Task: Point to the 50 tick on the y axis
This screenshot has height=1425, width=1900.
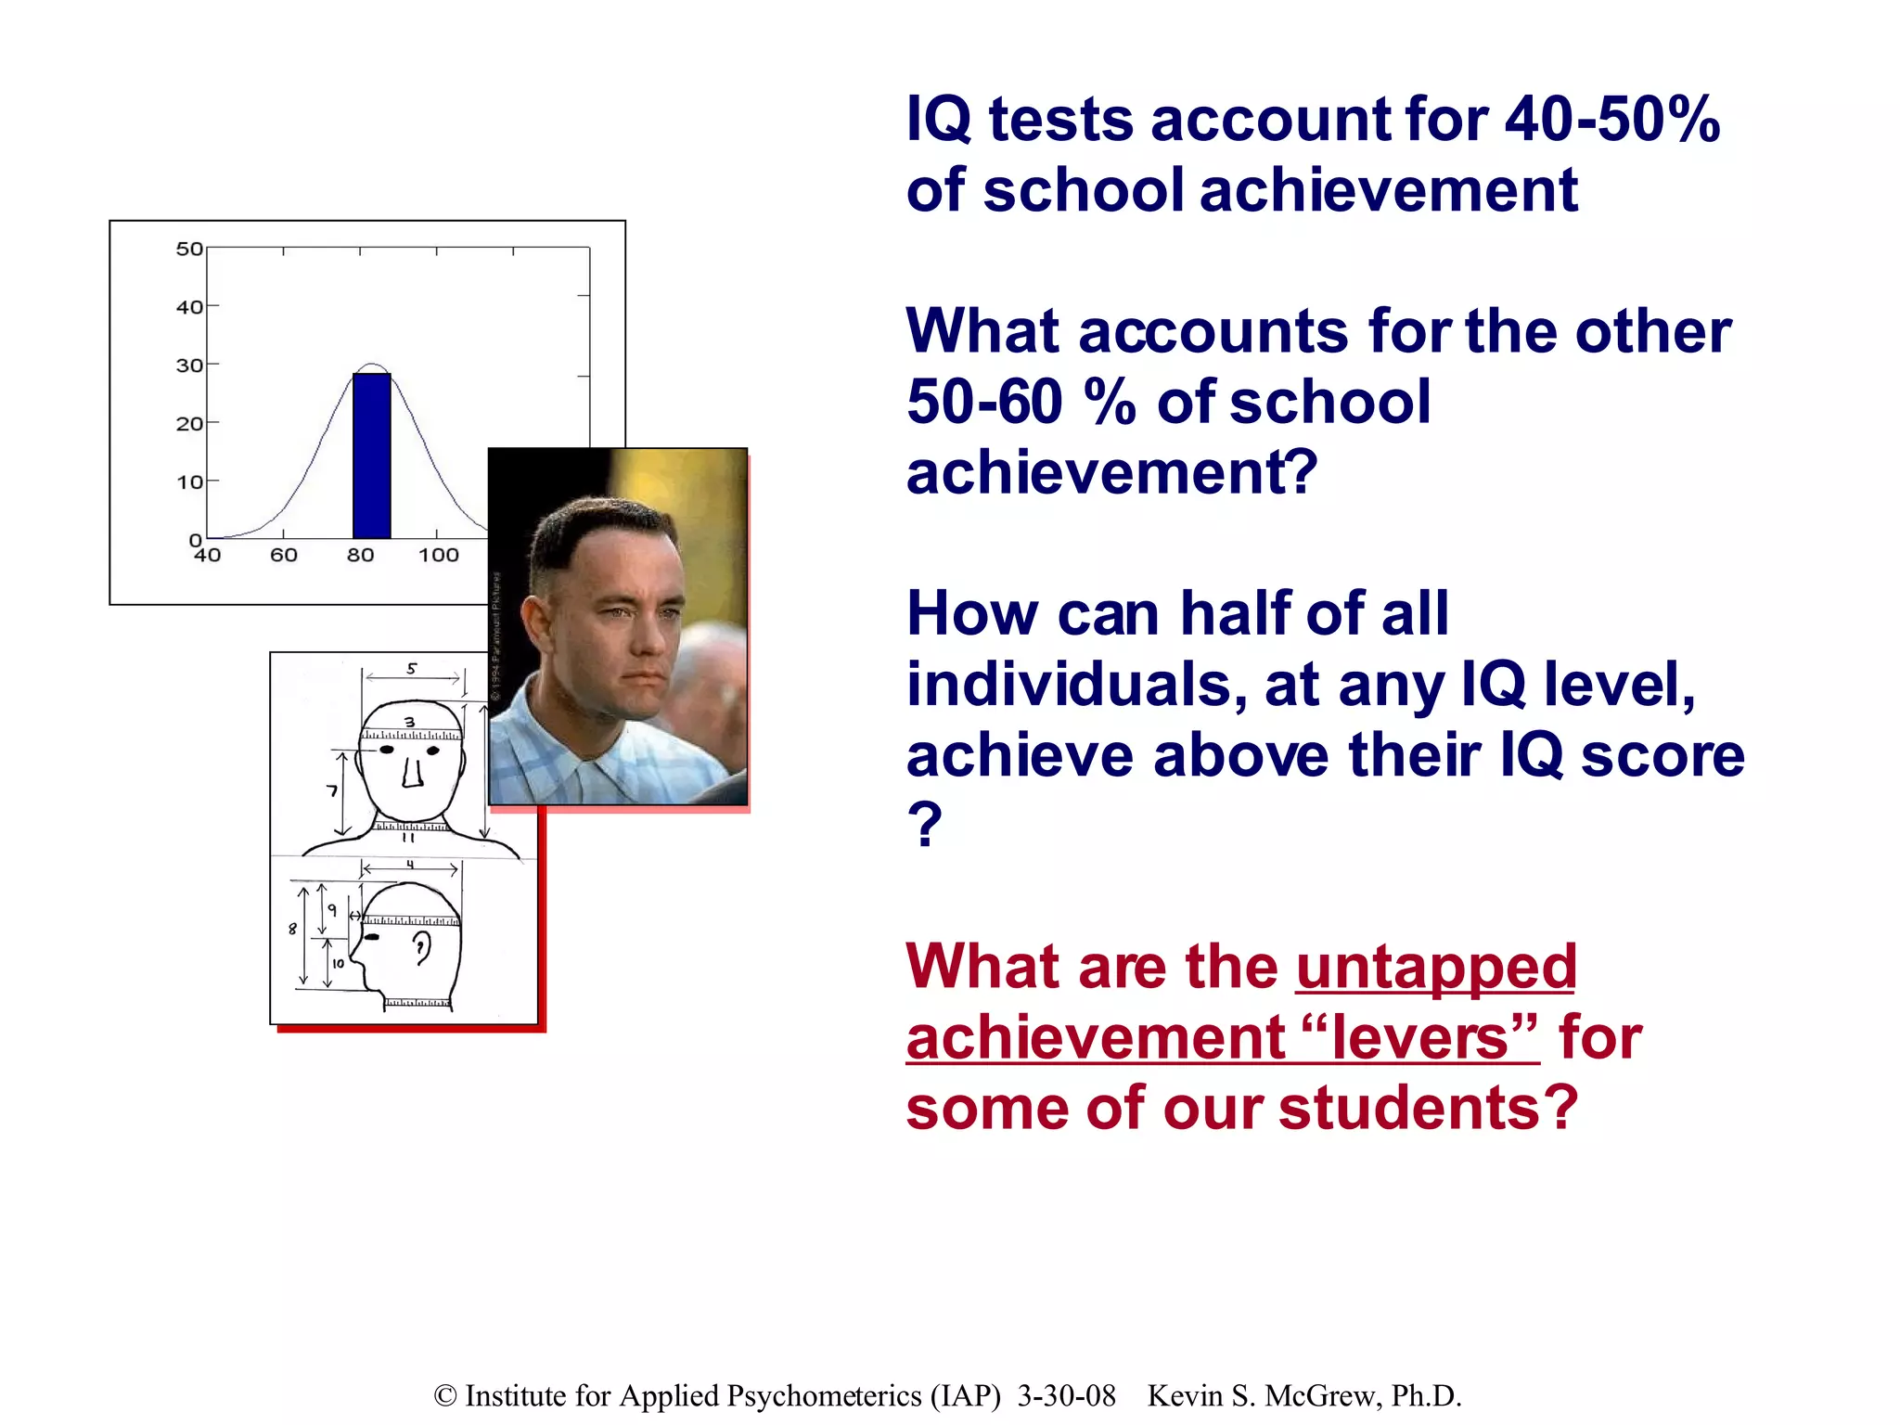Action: pos(189,249)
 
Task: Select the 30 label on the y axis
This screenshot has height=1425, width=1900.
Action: pos(189,366)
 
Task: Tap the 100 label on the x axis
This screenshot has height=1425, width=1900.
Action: pos(438,556)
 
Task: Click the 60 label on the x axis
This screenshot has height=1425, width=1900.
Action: pos(284,556)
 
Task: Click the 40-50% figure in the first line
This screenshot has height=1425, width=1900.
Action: pos(1612,121)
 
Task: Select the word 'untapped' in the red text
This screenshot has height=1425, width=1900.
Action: pos(1435,967)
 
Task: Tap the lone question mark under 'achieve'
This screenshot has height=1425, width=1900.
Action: pos(924,824)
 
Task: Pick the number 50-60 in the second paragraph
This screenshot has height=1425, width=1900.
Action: pos(983,403)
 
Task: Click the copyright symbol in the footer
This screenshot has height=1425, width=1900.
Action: pos(445,1396)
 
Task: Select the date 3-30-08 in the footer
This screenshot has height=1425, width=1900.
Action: pos(1066,1396)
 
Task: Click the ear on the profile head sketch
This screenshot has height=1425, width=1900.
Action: pos(422,948)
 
